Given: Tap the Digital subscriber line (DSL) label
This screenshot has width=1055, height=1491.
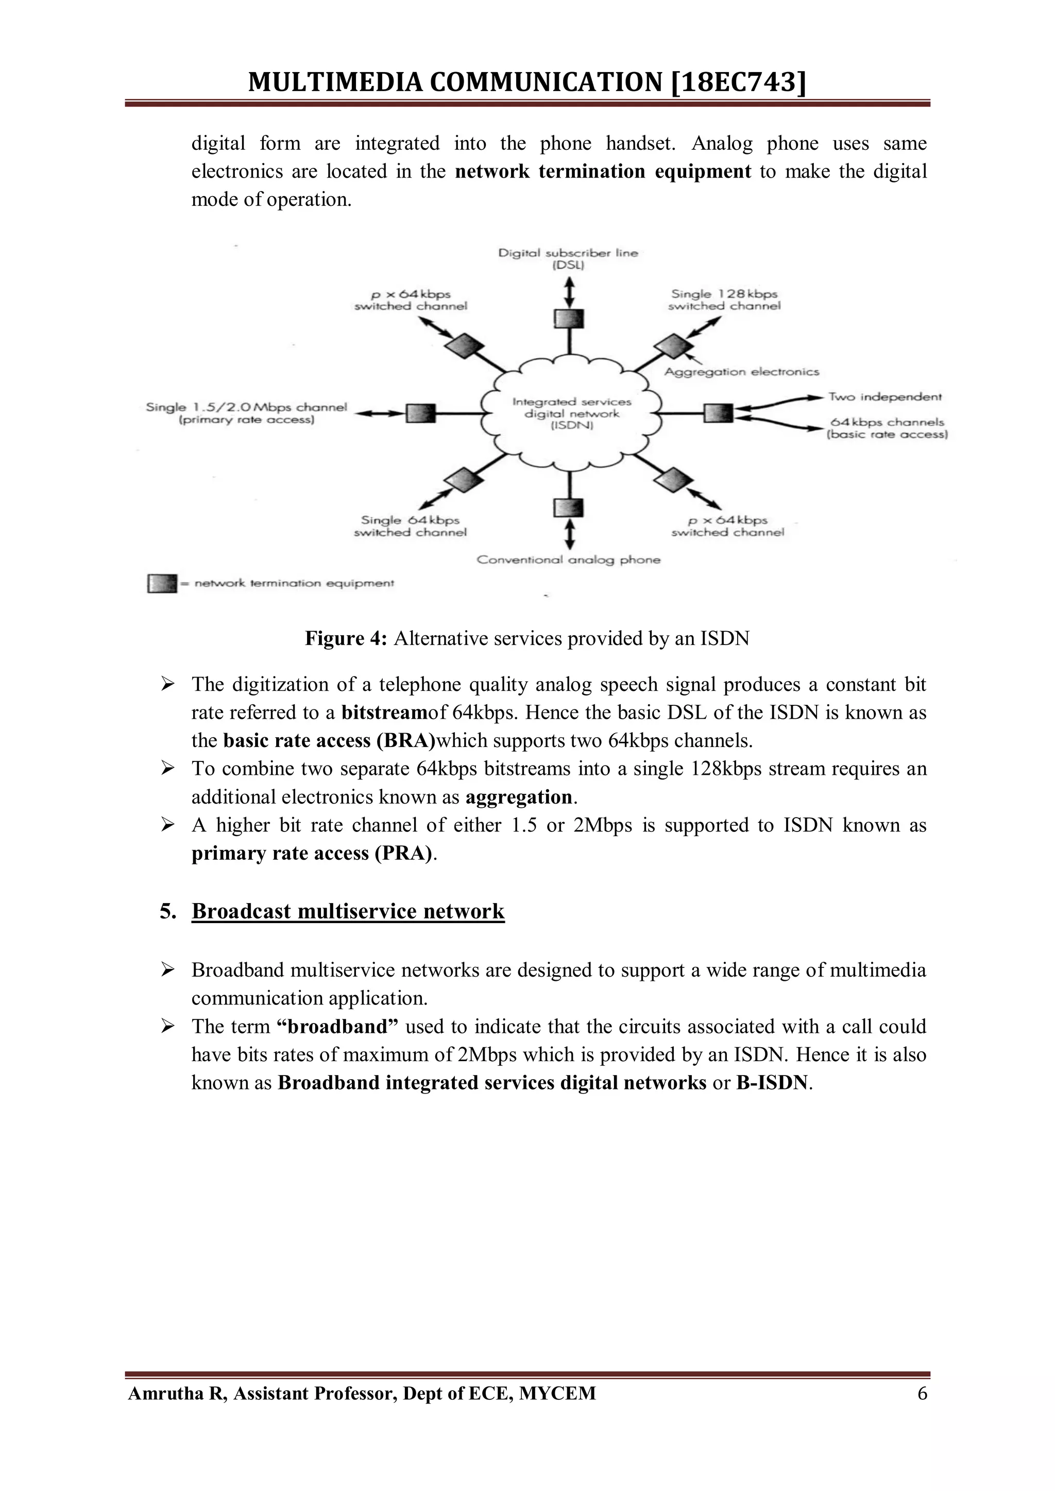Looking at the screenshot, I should coord(568,258).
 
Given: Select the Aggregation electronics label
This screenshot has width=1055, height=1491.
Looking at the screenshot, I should coord(742,372).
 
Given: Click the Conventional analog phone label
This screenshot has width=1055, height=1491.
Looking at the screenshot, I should coord(568,560).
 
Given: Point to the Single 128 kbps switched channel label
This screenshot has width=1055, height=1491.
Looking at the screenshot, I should coord(724,300).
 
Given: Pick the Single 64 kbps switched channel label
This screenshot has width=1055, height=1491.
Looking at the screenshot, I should coord(410,526).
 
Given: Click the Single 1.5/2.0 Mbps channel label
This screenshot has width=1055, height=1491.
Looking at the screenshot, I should coord(246,413).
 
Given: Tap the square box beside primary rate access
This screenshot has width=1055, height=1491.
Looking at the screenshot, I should coord(420,413).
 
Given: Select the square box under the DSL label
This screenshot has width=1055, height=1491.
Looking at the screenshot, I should coord(569,319).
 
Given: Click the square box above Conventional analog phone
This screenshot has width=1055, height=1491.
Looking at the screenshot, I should coord(569,508).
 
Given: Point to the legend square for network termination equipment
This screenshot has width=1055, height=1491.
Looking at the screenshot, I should coord(162,583).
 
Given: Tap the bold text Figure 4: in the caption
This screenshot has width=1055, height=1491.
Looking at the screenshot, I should coord(346,639).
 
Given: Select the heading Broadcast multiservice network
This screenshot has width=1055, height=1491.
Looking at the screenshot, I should coord(348,911).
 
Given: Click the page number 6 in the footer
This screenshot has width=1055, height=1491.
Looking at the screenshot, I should coord(922,1394).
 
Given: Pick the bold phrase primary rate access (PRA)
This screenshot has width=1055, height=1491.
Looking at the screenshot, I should coord(312,853).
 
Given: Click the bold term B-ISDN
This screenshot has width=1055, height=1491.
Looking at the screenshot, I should coord(772,1083).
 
